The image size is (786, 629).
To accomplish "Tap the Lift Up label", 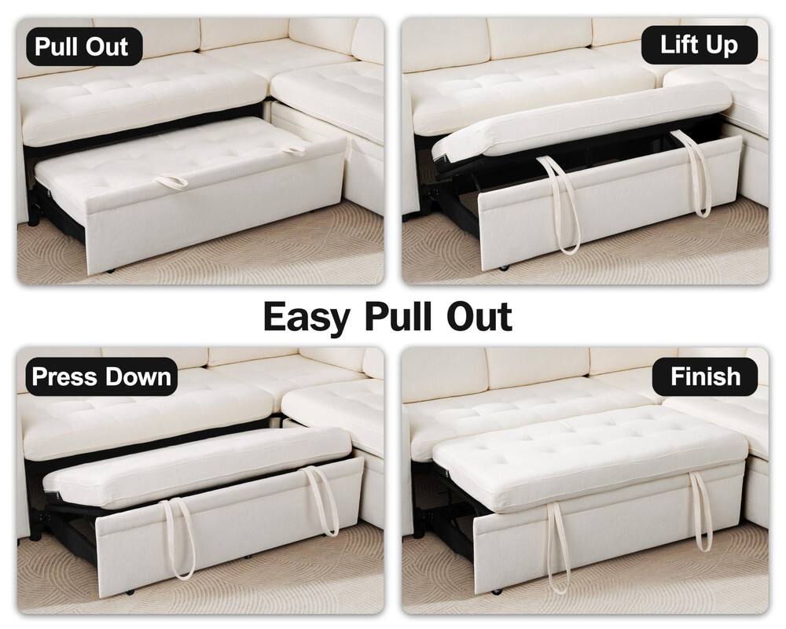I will (698, 45).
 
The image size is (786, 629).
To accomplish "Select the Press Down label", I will (101, 376).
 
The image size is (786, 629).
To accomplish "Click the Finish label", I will (705, 376).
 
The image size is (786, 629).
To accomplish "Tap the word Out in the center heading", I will (480, 316).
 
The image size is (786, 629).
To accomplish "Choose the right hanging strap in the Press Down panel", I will (326, 503).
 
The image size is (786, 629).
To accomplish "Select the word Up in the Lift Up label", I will (723, 45).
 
